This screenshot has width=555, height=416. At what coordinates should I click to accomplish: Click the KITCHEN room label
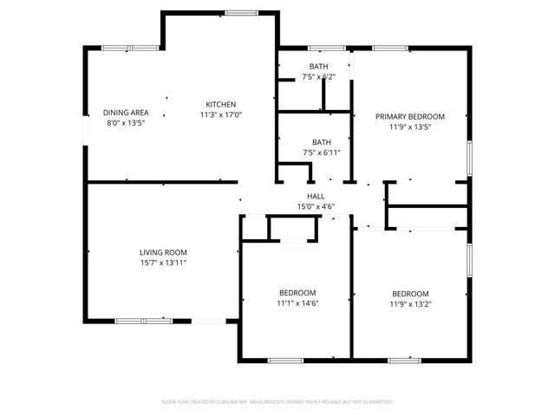[220, 104]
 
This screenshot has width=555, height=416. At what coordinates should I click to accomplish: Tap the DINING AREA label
[126, 113]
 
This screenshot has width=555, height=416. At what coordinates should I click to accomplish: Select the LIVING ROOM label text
[164, 252]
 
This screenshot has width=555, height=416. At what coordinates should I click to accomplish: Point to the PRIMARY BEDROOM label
[409, 116]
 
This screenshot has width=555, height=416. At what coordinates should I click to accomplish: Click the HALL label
[316, 197]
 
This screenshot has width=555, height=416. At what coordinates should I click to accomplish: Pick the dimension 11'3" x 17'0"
[220, 114]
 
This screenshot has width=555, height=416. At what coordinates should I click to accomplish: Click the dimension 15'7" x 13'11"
[164, 263]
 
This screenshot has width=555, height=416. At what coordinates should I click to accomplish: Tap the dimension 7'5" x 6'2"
[318, 77]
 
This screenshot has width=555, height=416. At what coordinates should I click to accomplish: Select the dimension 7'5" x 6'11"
[321, 153]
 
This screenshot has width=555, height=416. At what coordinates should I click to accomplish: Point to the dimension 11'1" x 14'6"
[297, 303]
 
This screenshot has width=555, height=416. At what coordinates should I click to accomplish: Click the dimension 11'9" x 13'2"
[409, 303]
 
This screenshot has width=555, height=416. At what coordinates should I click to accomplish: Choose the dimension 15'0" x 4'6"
[316, 206]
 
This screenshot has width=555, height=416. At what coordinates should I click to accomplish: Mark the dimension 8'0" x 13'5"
[126, 123]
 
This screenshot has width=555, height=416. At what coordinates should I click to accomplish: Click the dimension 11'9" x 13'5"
[409, 127]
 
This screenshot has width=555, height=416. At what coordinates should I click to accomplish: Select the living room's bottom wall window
[144, 321]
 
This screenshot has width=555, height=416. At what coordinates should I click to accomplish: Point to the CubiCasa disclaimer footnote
[277, 402]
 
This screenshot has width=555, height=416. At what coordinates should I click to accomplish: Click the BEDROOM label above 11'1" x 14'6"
[297, 293]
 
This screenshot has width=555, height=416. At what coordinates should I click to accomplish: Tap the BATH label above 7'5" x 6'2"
[318, 67]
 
